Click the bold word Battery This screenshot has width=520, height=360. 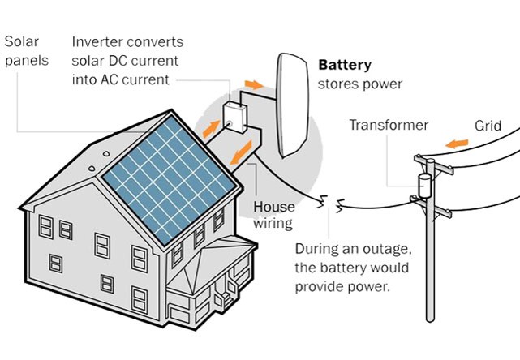(345, 65)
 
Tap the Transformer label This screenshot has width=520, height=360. (389, 126)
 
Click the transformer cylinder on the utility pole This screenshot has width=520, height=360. (423, 185)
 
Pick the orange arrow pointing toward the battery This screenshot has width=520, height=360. (254, 84)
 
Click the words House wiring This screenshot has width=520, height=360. (274, 214)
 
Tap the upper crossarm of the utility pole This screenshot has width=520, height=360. (443, 171)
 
